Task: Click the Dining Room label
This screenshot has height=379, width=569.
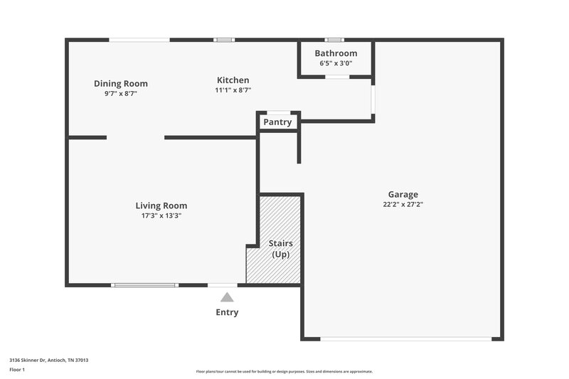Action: (121, 84)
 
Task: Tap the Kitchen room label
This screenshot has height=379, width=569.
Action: (233, 80)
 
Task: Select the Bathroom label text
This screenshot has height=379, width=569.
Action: (336, 53)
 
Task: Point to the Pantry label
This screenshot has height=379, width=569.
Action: (277, 122)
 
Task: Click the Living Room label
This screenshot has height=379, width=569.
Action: (161, 206)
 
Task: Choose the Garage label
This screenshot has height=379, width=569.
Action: (403, 194)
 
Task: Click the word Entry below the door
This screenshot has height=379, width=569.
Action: (227, 312)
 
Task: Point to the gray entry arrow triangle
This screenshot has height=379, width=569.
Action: (227, 298)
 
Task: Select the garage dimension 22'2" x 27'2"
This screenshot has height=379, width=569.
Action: (403, 204)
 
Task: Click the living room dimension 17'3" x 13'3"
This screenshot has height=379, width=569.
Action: (161, 215)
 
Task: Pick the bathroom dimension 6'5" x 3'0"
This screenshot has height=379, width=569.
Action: (336, 63)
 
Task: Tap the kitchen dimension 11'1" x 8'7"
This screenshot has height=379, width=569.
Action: (233, 90)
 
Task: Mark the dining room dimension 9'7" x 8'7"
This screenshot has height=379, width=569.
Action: (121, 93)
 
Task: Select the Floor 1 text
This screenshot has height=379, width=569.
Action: (17, 370)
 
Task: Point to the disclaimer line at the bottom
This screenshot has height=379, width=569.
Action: (284, 371)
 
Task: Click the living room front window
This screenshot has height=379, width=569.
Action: (144, 285)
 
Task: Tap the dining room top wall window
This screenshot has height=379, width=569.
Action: (139, 40)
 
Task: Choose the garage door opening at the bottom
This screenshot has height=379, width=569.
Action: (405, 338)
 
